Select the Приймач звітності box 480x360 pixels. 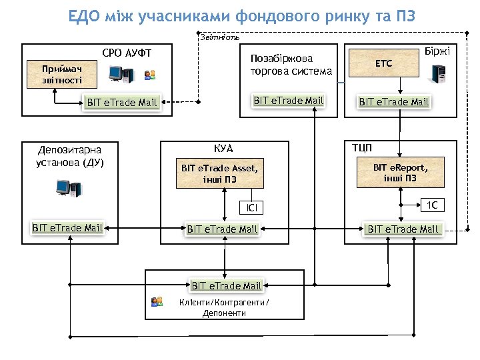(62, 74)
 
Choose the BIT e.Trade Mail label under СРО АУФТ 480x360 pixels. (122, 103)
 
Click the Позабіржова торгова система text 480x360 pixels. (281, 65)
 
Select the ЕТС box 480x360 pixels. (384, 63)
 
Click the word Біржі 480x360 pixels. (440, 52)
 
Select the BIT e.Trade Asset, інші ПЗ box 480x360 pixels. (219, 173)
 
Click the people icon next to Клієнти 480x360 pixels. (157, 302)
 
